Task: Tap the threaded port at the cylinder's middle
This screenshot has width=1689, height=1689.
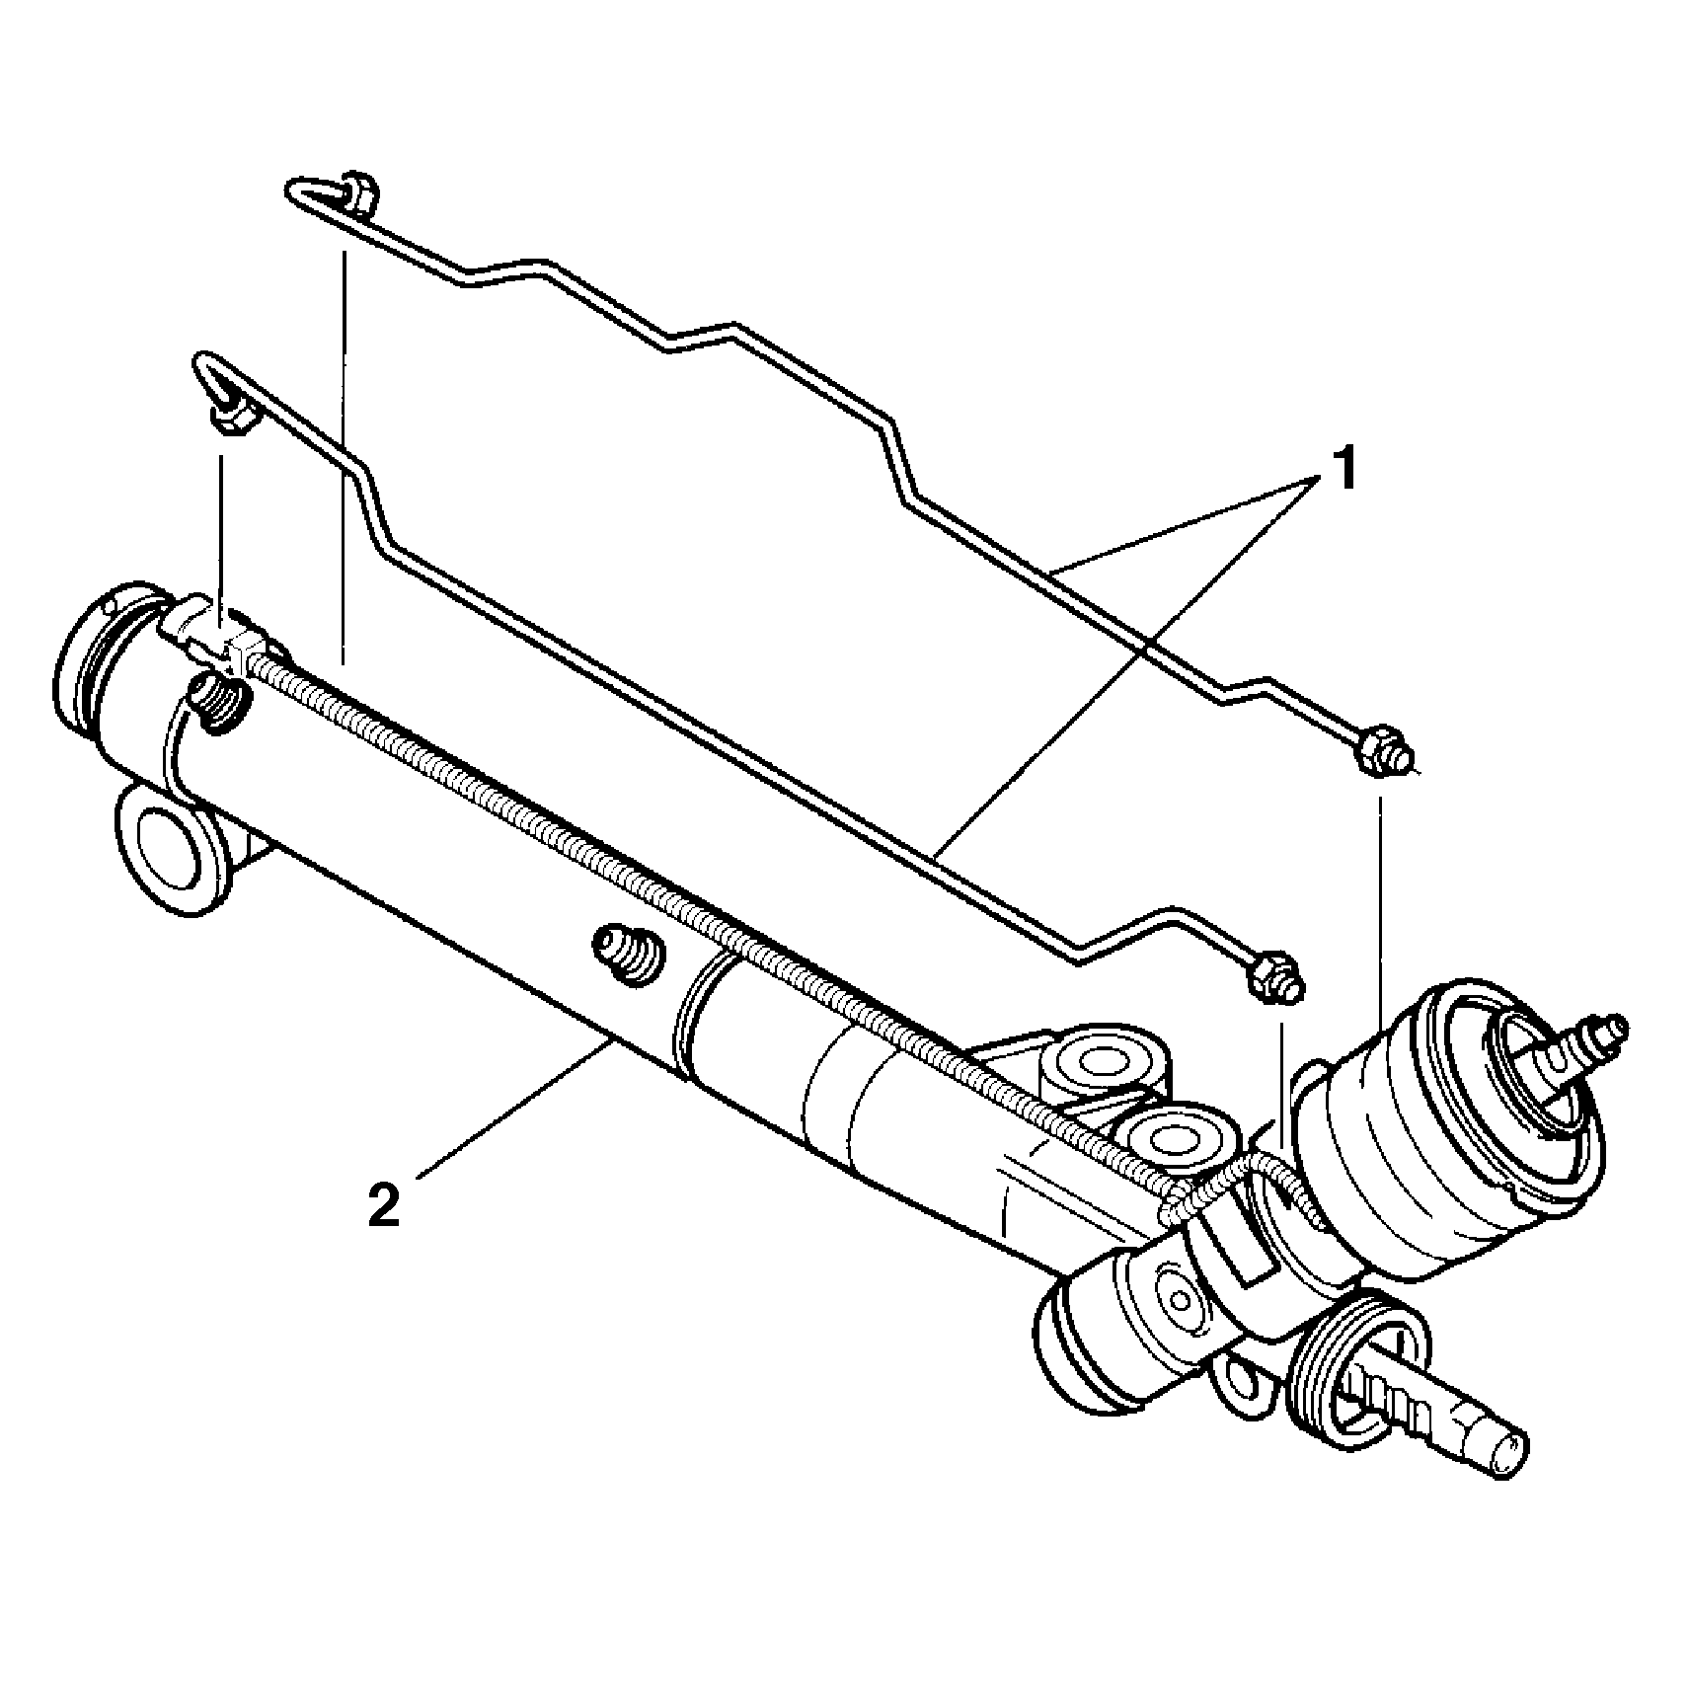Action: click(628, 954)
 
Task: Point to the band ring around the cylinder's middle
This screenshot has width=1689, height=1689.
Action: click(696, 1017)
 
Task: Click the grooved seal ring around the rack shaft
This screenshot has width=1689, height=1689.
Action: click(1357, 1367)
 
